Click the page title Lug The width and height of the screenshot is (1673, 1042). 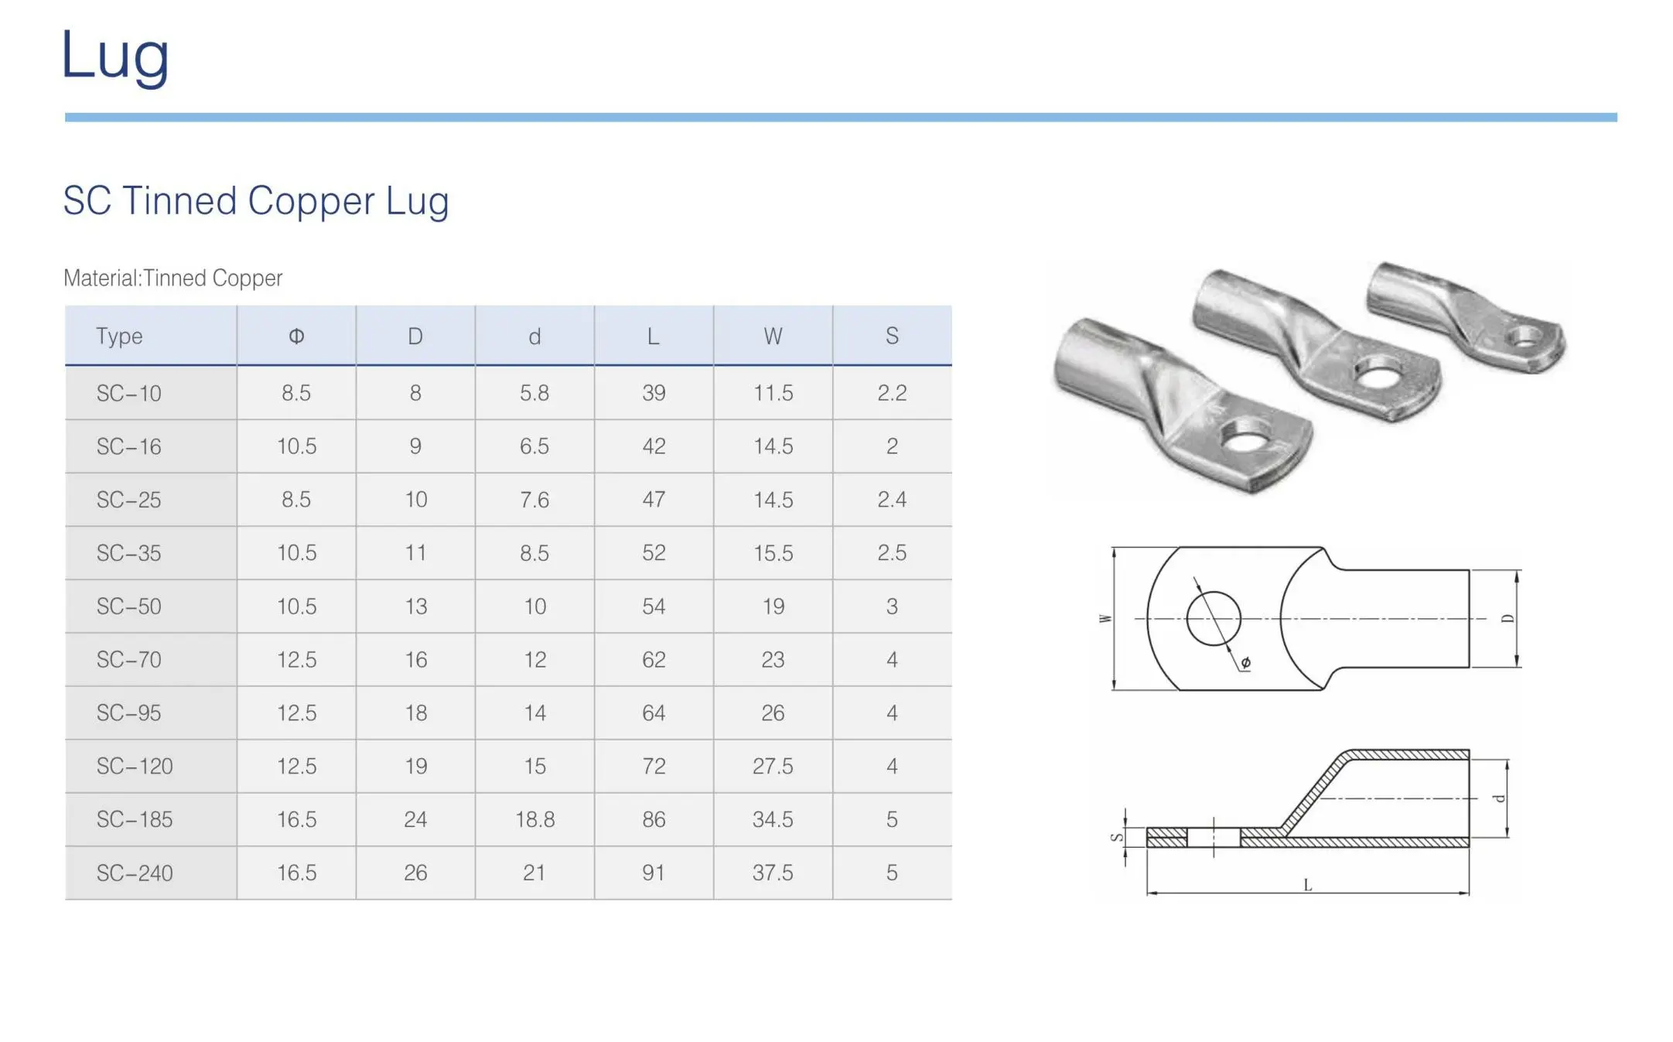[115, 56]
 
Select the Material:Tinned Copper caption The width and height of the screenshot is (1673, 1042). [172, 278]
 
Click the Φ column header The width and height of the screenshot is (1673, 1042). [296, 336]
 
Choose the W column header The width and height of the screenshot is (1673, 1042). [773, 336]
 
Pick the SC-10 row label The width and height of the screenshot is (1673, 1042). [128, 393]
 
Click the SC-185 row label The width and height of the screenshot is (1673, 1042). [135, 819]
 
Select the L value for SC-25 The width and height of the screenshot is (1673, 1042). [654, 500]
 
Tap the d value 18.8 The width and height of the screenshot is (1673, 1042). [534, 819]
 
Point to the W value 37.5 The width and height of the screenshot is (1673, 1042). [773, 873]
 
